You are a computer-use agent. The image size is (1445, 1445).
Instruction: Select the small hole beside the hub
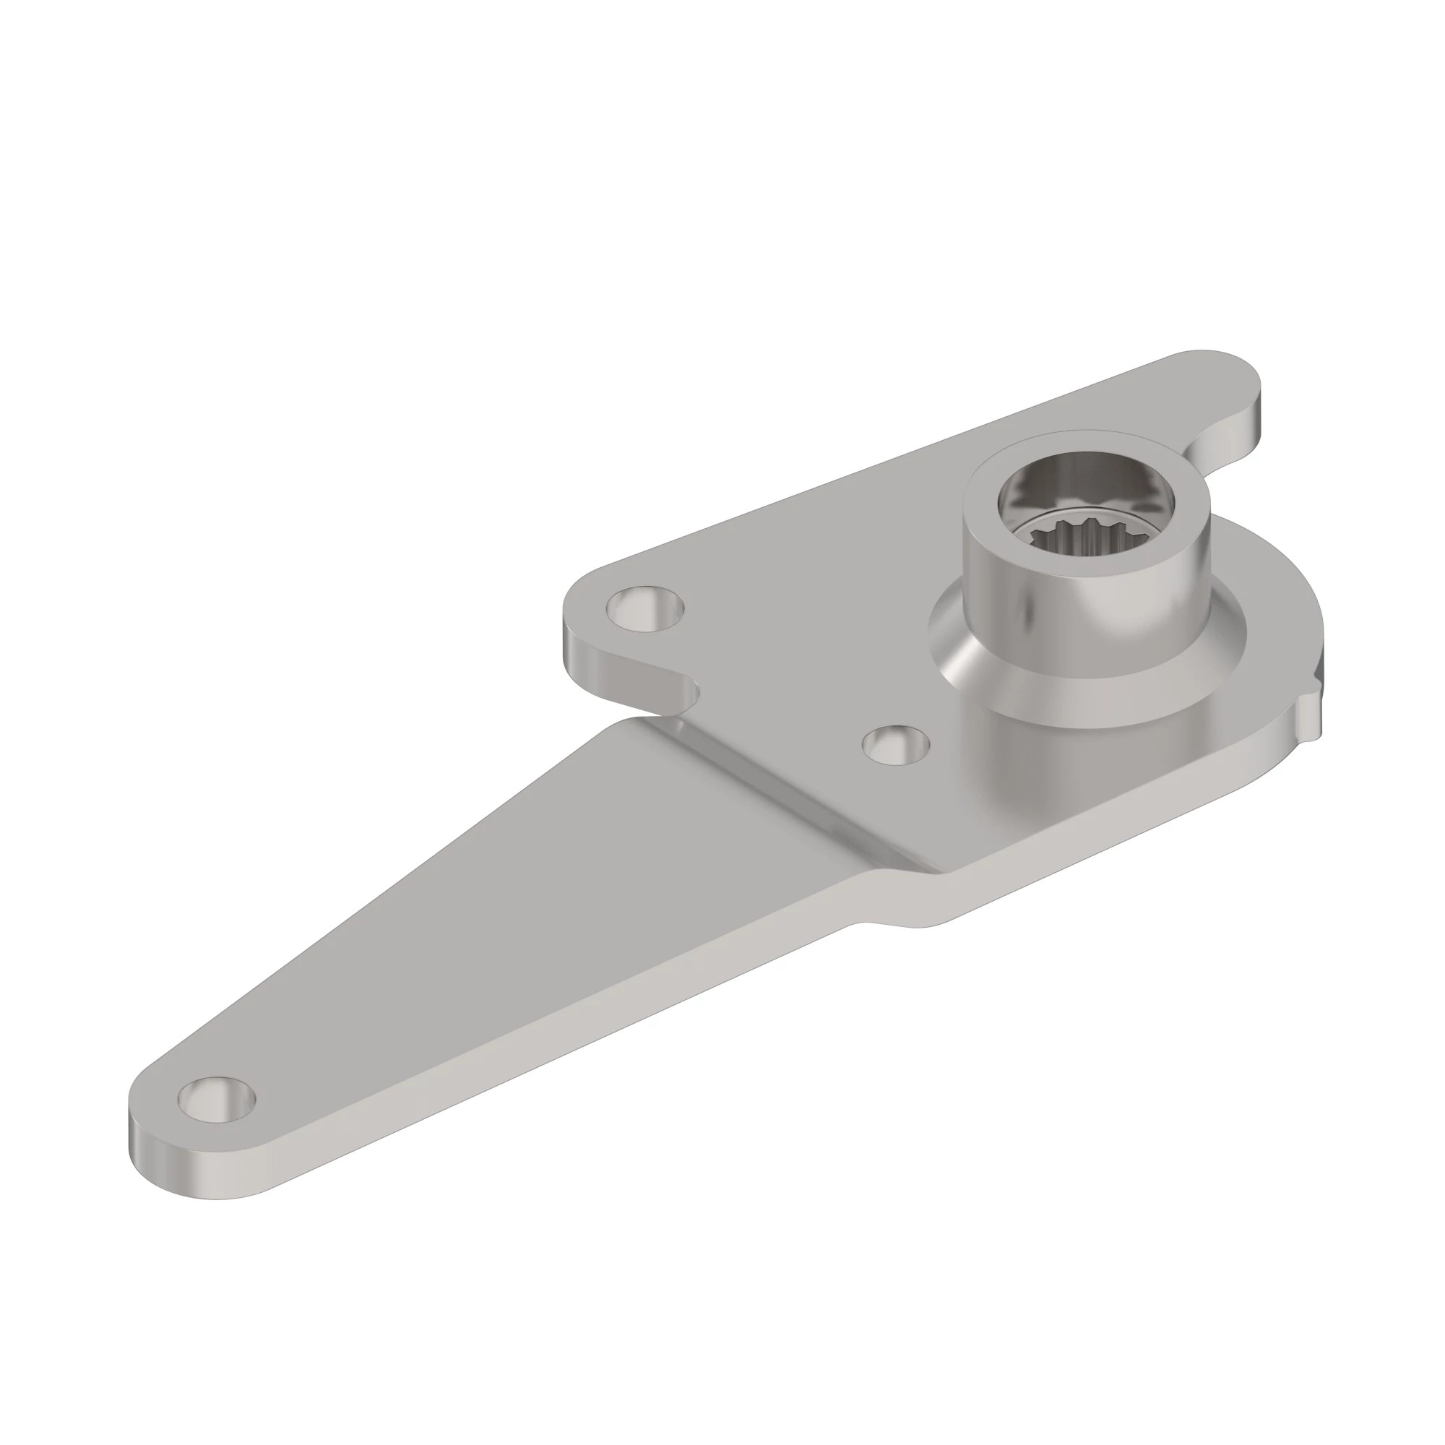(x=895, y=744)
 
